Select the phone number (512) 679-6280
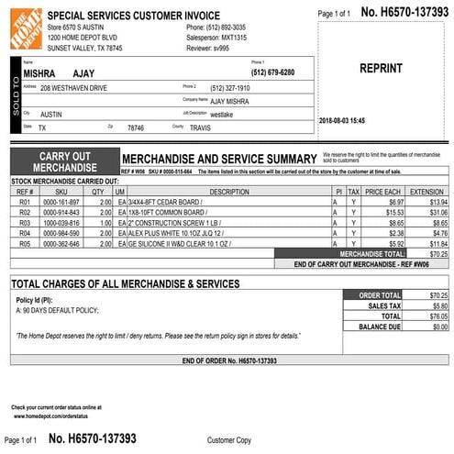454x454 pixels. (272, 72)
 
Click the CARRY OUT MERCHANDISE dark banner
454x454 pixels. (64, 161)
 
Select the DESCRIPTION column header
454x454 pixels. (228, 192)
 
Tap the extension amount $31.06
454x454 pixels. (432, 212)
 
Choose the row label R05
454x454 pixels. (25, 244)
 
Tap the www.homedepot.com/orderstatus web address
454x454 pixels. (57, 415)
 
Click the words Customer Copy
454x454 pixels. (229, 440)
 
